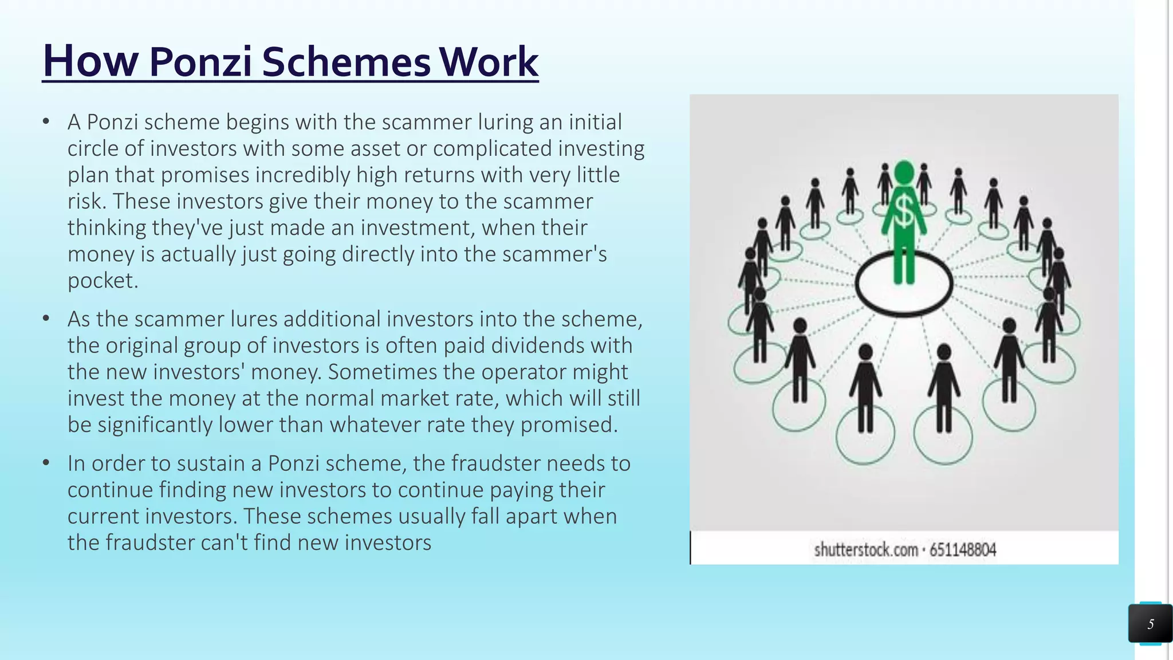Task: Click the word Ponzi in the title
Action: (x=200, y=61)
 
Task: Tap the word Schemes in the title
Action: (x=346, y=61)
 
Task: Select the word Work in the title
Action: (x=489, y=61)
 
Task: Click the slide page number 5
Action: (x=1150, y=624)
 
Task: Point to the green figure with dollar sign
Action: (x=904, y=223)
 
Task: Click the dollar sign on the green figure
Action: (x=904, y=211)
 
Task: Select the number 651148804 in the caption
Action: (x=963, y=550)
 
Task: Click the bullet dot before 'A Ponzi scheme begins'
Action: (x=46, y=121)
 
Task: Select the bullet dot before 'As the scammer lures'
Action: (x=46, y=319)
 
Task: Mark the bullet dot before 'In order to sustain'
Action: (x=46, y=463)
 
